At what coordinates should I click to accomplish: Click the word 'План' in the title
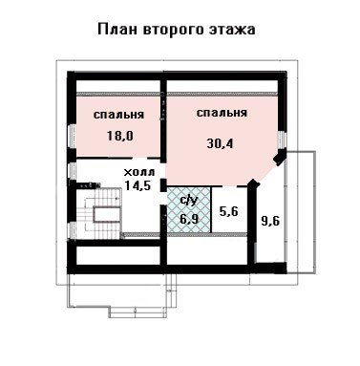coord(117,30)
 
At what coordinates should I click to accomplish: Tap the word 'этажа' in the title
coord(232,30)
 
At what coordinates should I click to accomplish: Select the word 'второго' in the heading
coord(173,31)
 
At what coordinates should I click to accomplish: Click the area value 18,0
coord(120,136)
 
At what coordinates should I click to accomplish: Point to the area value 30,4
coord(220,143)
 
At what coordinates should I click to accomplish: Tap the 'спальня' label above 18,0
coord(118,115)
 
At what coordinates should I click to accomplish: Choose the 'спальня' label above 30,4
coord(222,113)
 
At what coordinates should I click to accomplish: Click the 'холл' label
coord(139,172)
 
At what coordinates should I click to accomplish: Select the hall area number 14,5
coord(138,185)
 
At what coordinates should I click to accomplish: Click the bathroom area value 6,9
coord(189,219)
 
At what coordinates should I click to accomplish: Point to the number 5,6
coord(229,210)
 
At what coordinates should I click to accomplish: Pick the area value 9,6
coord(270,221)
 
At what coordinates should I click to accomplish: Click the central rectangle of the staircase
coord(108,215)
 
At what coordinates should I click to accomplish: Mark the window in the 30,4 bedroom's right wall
coord(282,140)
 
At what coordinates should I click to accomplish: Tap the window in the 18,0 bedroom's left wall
coord(73,136)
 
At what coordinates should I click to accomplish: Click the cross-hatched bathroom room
coord(189,209)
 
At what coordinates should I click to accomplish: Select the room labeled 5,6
coord(229,209)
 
